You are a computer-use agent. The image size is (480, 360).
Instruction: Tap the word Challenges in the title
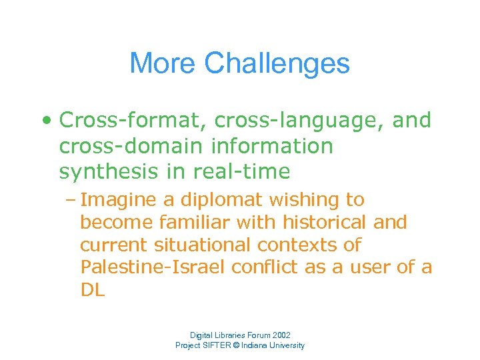[x=277, y=64]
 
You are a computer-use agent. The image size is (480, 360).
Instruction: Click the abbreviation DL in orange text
[x=93, y=290]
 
